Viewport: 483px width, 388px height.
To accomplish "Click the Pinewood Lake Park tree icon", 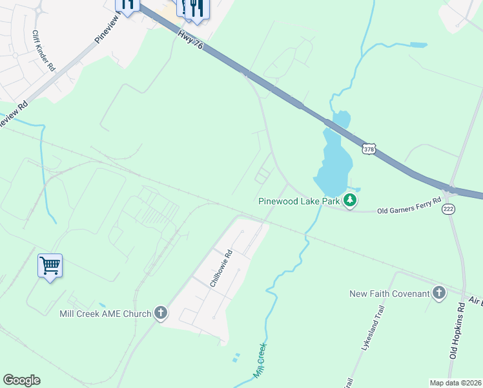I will point(350,200).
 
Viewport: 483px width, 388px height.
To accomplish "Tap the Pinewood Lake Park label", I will point(300,201).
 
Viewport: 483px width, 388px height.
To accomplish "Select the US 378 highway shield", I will point(369,149).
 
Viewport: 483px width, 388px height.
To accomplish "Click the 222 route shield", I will point(447,209).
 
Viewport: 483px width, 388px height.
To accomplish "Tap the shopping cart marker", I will point(50,265).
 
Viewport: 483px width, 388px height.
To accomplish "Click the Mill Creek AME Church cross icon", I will point(161,314).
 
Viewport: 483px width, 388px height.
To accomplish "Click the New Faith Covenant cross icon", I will point(438,294).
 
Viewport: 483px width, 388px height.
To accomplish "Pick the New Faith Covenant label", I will point(389,294).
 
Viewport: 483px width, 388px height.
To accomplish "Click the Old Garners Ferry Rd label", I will point(409,206).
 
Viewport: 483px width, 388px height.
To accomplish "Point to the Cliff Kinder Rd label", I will point(45,50).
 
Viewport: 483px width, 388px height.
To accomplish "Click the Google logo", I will point(21,380).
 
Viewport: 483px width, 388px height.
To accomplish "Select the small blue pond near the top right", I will point(417,45).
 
